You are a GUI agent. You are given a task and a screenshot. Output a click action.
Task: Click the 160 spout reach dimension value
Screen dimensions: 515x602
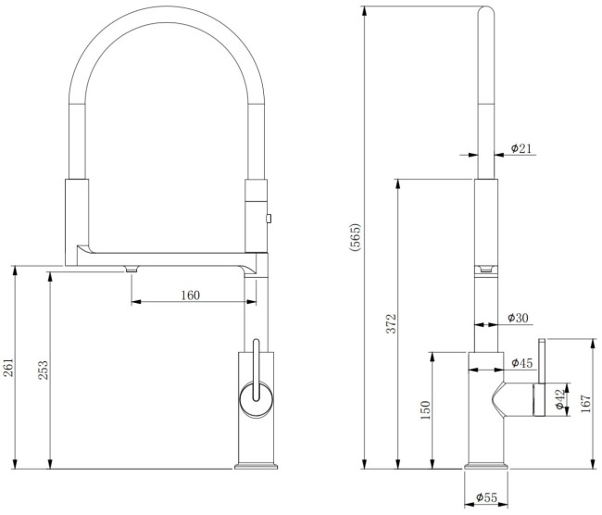click(190, 295)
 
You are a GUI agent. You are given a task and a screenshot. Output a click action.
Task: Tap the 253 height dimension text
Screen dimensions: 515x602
click(42, 370)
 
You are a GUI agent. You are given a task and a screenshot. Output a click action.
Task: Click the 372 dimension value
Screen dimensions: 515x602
click(391, 323)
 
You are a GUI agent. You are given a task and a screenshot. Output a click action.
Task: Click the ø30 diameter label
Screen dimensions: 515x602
click(519, 319)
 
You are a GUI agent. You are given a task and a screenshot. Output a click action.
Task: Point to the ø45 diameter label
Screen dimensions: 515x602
click(521, 362)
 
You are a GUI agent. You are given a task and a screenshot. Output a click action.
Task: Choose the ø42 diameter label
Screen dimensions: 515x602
click(559, 400)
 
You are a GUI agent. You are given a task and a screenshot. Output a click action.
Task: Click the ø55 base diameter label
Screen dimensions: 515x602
click(486, 498)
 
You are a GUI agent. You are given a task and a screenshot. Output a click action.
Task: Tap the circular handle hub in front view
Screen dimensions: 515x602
click(255, 400)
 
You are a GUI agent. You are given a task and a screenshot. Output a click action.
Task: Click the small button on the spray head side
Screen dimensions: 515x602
click(268, 219)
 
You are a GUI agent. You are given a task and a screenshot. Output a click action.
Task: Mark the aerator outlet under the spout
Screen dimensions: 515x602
click(131, 268)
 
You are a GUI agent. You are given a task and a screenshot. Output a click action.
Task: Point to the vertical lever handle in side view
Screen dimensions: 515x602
click(545, 361)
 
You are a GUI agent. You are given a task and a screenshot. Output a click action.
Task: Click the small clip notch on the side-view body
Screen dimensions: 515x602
click(486, 269)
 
